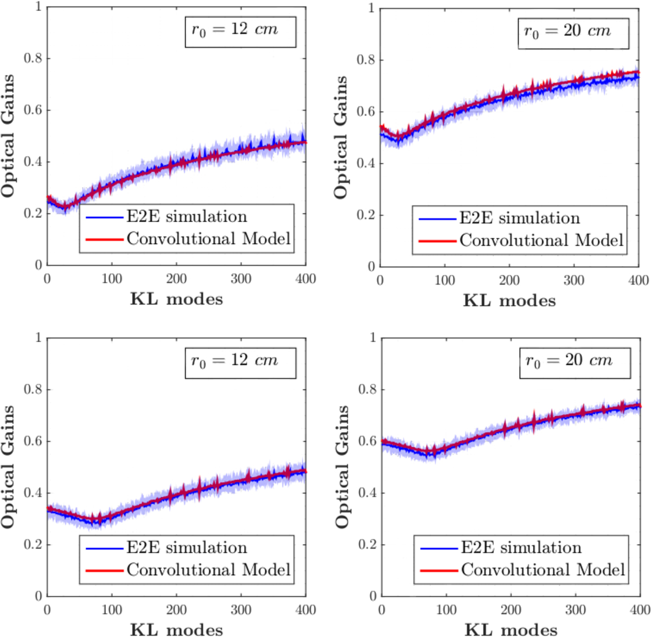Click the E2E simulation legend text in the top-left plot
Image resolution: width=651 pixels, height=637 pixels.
tap(187, 217)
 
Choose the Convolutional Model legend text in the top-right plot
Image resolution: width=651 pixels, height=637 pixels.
tap(541, 240)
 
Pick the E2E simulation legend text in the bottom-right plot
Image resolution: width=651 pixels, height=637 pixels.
tap(521, 548)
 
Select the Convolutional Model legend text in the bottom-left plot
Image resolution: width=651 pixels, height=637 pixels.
tap(209, 570)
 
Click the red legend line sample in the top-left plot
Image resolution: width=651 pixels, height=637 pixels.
tap(105, 239)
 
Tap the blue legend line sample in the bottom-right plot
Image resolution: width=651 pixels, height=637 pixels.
tap(439, 548)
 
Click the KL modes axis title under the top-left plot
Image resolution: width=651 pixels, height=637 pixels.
tap(176, 299)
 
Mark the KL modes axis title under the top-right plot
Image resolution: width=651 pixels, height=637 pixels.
tap(509, 301)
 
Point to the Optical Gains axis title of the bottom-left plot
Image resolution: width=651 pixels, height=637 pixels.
tap(8, 467)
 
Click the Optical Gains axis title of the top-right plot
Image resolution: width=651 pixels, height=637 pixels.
tap(340, 137)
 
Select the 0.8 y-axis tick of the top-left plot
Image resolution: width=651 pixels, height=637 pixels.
tap(33, 59)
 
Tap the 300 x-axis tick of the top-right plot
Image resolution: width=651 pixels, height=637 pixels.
tap(573, 280)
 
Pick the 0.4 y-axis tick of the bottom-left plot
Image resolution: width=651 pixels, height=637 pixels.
tap(33, 493)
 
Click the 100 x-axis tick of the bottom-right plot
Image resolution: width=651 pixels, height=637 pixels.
tap(446, 610)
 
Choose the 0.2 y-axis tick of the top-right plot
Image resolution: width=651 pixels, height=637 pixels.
tap(366, 215)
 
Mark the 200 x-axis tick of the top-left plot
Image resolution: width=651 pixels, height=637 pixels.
tap(176, 279)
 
